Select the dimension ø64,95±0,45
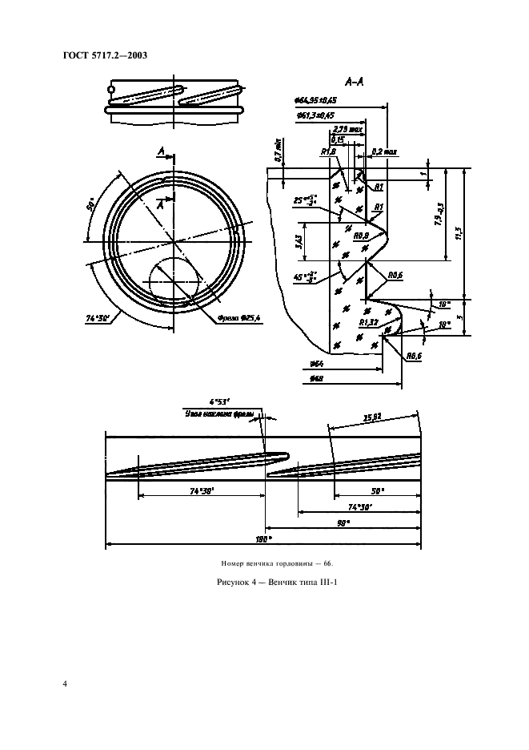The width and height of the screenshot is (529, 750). point(315,100)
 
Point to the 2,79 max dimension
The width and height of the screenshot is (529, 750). point(349,128)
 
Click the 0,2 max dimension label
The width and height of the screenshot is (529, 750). point(383,150)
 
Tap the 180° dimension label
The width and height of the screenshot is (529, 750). point(260,539)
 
